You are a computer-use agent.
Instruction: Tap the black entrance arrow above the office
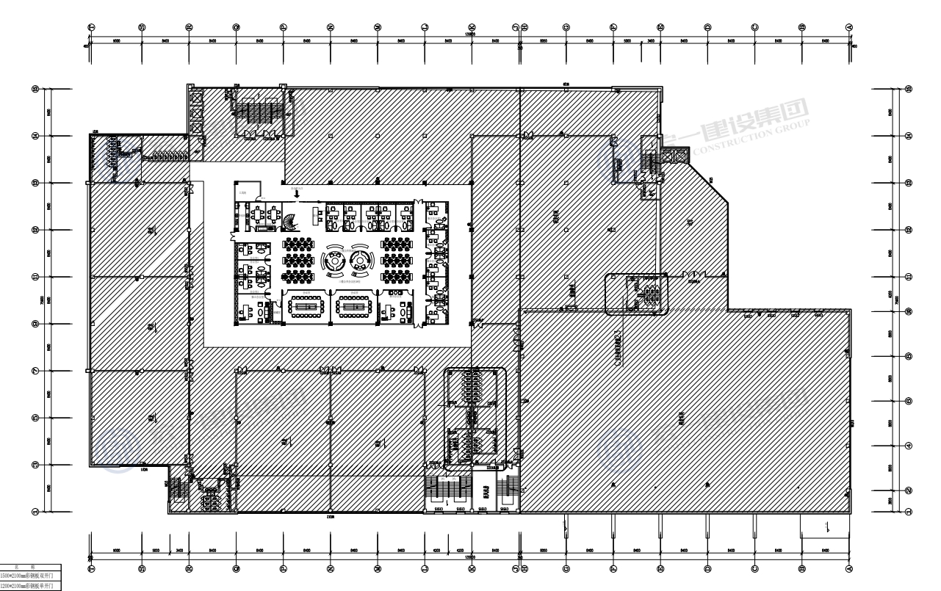coord(295,193)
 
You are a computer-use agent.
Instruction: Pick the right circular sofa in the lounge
coord(360,259)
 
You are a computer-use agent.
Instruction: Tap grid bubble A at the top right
coord(850,26)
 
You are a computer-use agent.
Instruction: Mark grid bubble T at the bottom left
coord(91,569)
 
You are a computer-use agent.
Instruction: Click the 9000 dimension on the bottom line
coord(116,551)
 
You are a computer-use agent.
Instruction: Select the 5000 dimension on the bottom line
coord(156,551)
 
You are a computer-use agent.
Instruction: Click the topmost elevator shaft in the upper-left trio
coord(196,98)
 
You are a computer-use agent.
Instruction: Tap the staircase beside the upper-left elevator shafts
coord(253,110)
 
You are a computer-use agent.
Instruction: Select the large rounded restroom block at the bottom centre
coord(475,417)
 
